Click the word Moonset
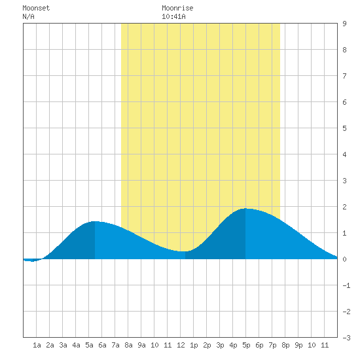click(x=36, y=8)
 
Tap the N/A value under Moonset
click(x=28, y=16)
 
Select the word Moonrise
click(x=177, y=8)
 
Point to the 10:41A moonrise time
click(x=173, y=16)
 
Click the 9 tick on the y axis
click(x=344, y=24)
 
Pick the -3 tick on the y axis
click(x=346, y=338)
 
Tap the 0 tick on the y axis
click(x=344, y=259)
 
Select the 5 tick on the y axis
click(x=344, y=128)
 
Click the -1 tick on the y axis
click(x=346, y=285)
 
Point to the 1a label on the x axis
click(x=37, y=345)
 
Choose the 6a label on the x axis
click(x=102, y=345)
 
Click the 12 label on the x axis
click(x=181, y=345)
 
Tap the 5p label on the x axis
click(x=246, y=345)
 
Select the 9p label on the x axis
click(x=298, y=345)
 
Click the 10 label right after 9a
click(x=154, y=345)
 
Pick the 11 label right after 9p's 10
click(x=325, y=345)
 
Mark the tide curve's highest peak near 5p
click(x=245, y=208)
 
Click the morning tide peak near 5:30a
click(x=95, y=221)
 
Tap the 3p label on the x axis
click(x=220, y=345)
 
